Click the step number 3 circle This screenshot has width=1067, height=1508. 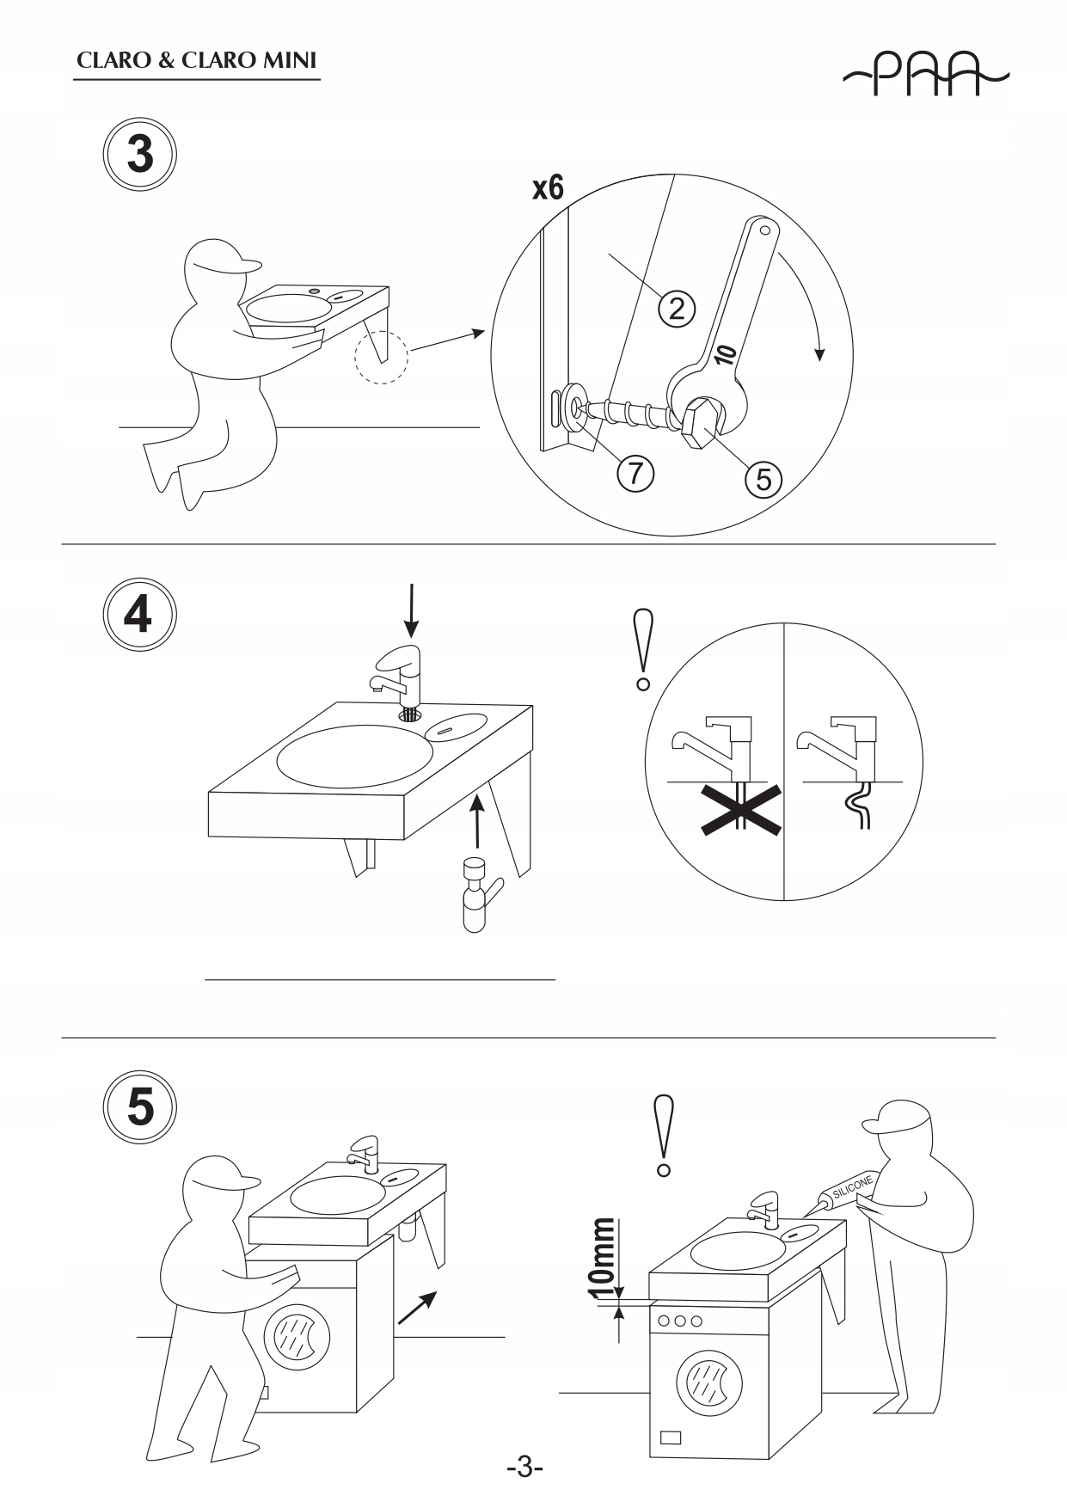tap(140, 155)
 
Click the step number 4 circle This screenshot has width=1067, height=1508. tap(140, 614)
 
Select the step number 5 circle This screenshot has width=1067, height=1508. tap(140, 1107)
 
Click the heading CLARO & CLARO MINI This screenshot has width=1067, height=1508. tap(197, 61)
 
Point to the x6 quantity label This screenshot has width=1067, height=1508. tap(548, 187)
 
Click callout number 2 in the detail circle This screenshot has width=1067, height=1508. tap(677, 308)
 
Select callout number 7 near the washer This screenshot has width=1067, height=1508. tap(635, 472)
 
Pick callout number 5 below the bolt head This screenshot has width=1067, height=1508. tap(763, 478)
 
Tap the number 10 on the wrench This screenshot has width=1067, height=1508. tap(725, 353)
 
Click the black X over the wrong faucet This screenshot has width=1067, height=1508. tap(740, 810)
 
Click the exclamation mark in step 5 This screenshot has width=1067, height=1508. tap(663, 1135)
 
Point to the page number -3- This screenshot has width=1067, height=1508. tap(524, 1467)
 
